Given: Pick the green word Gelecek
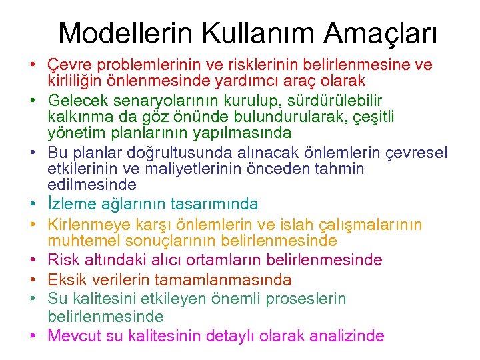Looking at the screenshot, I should pos(76,101).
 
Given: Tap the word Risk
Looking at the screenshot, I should pos(63,260).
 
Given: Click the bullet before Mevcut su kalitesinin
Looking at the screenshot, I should pos(32,336).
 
